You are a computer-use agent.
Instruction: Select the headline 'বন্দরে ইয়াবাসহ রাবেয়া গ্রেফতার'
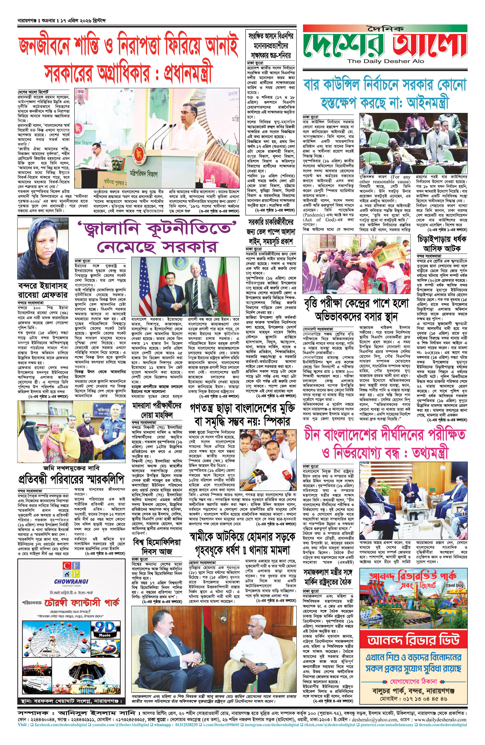pyautogui.click(x=43, y=290)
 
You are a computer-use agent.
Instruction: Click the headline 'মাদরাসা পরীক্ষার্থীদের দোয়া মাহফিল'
pyautogui.click(x=157, y=410)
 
